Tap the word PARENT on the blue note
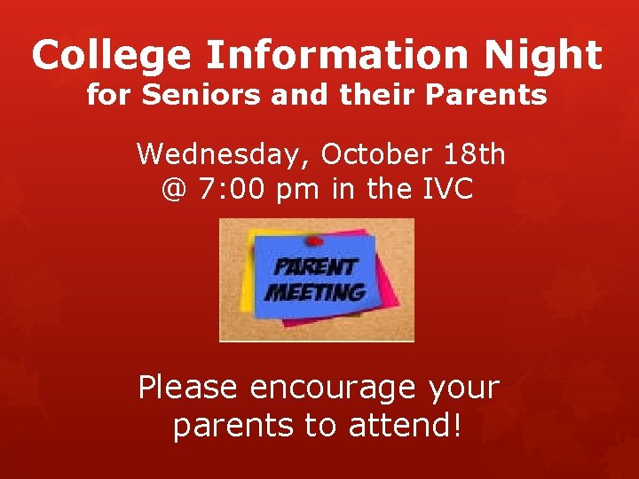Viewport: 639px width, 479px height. tap(315, 267)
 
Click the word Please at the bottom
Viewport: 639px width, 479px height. tap(188, 389)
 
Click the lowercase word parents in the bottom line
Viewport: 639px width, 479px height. tap(234, 426)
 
